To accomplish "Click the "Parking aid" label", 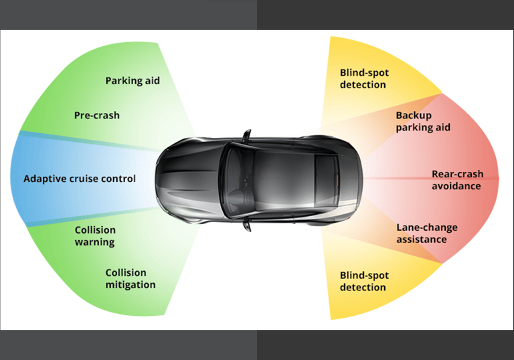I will coord(133,81).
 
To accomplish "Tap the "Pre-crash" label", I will coord(96,115).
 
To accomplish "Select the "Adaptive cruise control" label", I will coord(80,179).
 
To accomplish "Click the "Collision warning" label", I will coord(94,236).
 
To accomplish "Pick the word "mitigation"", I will coord(130,285).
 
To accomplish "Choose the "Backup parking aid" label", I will coord(422,121).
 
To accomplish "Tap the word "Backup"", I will coord(414,115).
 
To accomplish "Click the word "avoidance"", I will coord(456,186).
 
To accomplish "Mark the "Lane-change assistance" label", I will coord(426,234).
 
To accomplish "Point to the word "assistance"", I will coord(421,240).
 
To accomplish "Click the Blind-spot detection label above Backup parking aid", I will coord(363,78).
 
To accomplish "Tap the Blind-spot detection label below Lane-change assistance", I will coord(363,281).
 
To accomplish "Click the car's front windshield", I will coord(235,179).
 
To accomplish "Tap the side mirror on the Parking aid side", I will coord(246,136).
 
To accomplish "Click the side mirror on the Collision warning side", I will coord(246,222).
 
